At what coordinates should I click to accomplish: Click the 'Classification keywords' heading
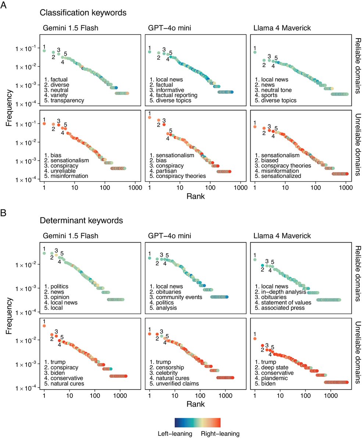coord(83,13)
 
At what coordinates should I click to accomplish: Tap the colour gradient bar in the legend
coord(197,422)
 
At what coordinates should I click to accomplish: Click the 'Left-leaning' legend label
coord(175,434)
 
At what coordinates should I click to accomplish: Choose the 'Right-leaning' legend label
coord(220,434)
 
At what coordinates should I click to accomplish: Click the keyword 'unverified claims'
coord(178,384)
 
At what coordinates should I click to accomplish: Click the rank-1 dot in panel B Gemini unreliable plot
coord(44,326)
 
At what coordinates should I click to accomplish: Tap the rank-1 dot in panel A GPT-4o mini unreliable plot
coord(150,118)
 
